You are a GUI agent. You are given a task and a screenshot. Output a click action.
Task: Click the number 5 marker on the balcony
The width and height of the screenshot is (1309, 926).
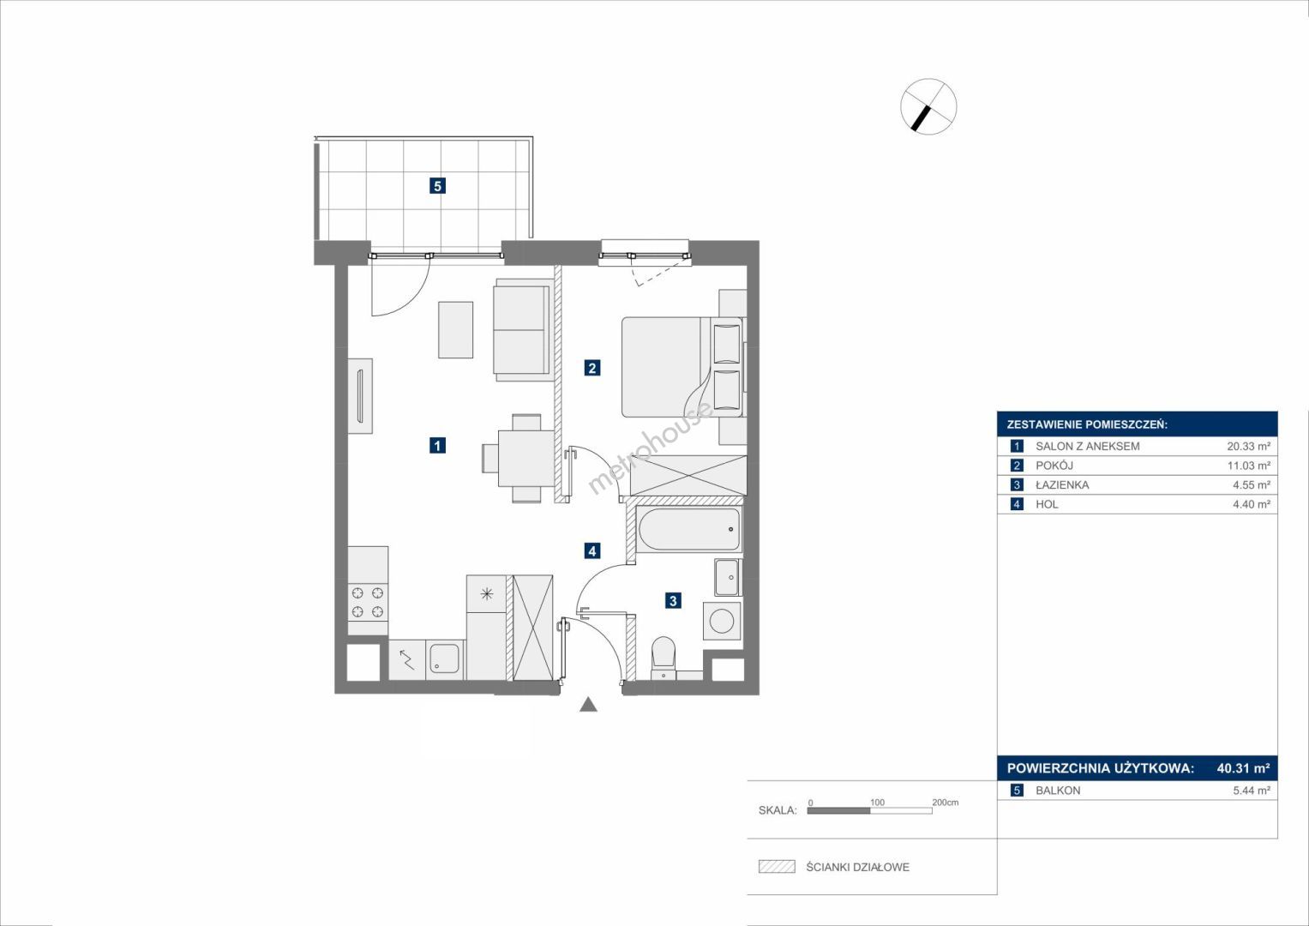437,186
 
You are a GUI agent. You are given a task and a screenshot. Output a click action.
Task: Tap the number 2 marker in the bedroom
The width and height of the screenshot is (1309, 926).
592,368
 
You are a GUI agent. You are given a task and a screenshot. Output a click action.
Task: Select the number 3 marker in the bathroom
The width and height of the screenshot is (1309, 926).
673,600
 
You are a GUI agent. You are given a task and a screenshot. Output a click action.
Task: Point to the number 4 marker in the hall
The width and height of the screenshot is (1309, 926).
592,550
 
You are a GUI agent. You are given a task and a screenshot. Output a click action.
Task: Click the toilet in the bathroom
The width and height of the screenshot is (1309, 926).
663,658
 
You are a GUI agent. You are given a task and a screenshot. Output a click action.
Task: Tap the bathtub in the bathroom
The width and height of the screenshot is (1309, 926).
689,529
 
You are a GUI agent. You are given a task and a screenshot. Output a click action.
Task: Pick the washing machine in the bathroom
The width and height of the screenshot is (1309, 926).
723,621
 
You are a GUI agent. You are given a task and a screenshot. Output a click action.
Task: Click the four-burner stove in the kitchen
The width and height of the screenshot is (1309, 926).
368,603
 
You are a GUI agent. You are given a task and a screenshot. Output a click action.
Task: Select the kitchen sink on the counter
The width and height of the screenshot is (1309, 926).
446,658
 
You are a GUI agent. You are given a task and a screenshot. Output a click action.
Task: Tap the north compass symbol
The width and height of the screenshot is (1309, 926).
928,106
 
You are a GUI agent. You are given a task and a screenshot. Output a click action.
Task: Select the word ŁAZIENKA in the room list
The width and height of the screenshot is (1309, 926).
1062,484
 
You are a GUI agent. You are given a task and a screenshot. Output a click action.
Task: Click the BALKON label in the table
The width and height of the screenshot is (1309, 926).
1059,791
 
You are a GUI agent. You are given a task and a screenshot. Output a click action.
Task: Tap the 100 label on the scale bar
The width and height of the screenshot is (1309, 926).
877,802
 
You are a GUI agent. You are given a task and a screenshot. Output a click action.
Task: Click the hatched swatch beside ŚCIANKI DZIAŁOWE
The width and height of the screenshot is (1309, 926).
777,866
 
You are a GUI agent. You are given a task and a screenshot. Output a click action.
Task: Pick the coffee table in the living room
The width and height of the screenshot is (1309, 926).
456,330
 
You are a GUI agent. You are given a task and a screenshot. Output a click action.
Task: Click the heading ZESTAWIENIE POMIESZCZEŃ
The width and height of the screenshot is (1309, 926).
1087,425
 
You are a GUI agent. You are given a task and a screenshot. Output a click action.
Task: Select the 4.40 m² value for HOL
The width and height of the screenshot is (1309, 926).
1252,504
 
